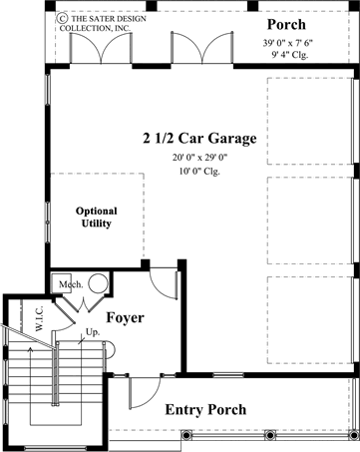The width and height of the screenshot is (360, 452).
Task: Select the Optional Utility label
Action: (97, 218)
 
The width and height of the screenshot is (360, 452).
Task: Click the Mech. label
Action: (69, 283)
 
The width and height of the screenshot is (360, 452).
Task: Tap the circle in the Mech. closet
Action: (98, 283)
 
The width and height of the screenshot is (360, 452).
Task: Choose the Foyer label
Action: (125, 318)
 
